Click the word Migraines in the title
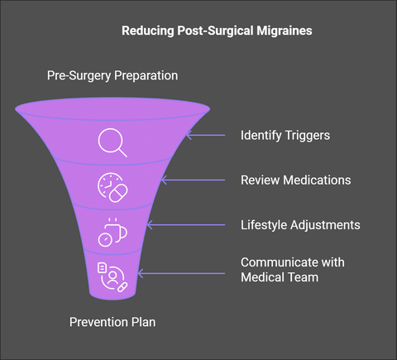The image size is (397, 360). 285,31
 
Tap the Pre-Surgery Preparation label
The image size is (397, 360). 112,75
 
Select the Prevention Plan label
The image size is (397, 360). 112,322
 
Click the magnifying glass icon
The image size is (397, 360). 112,142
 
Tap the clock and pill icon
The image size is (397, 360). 112,188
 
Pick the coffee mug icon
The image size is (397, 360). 112,233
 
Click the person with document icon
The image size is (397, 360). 112,277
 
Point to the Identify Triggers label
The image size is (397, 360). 285,136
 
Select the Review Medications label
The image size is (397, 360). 296,180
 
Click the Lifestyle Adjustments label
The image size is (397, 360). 300,225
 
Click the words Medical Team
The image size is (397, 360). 280,277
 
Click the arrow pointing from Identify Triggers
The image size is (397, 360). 205,135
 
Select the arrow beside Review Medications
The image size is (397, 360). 193,180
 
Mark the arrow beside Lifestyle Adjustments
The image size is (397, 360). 186,225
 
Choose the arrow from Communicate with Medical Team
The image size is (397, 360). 181,274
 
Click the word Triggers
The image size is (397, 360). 308,136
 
